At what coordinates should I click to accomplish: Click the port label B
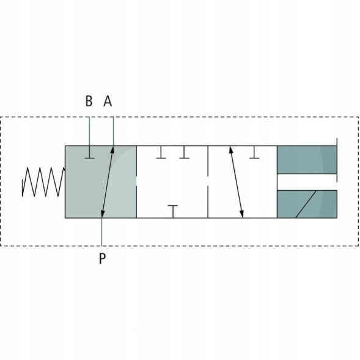pyautogui.click(x=89, y=101)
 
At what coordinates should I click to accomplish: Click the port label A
pyautogui.click(x=108, y=101)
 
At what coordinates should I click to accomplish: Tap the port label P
pyautogui.click(x=102, y=259)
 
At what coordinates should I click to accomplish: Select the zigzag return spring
pyautogui.click(x=43, y=182)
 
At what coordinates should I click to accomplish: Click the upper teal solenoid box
pyautogui.click(x=307, y=160)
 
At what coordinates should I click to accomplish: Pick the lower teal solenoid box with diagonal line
pyautogui.click(x=307, y=204)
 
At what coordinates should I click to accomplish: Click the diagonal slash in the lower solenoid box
pyautogui.click(x=306, y=204)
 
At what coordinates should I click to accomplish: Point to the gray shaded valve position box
pyautogui.click(x=101, y=182)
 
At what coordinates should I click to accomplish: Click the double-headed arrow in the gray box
pyautogui.click(x=107, y=182)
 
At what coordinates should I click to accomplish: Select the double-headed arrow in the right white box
pyautogui.click(x=237, y=182)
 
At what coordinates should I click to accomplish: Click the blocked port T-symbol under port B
pyautogui.click(x=89, y=152)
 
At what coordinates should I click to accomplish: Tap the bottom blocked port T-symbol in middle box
pyautogui.click(x=172, y=211)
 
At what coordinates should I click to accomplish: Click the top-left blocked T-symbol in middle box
pyautogui.click(x=161, y=152)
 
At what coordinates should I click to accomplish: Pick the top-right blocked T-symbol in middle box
pyautogui.click(x=184, y=152)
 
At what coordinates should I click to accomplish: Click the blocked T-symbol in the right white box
pyautogui.click(x=254, y=152)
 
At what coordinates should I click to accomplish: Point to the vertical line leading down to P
pyautogui.click(x=101, y=232)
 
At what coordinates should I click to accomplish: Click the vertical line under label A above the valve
pyautogui.click(x=113, y=131)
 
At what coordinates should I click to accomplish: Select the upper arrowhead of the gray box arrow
pyautogui.click(x=112, y=150)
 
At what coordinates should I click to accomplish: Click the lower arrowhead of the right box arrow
pyautogui.click(x=242, y=214)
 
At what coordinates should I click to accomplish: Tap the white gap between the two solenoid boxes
pyautogui.click(x=307, y=182)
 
